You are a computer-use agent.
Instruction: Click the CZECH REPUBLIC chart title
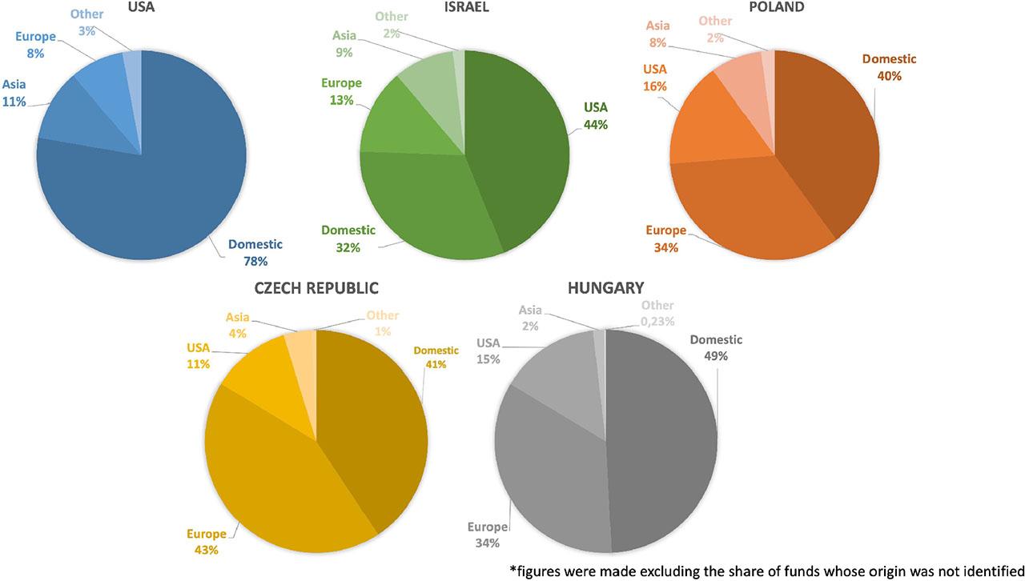point(316,288)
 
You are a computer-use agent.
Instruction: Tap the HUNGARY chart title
point(605,288)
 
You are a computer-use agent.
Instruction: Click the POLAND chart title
point(775,7)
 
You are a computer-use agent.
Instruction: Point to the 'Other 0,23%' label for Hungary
point(657,313)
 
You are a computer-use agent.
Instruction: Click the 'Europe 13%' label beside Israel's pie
point(341,90)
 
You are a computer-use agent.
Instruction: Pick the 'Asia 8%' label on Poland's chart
point(657,34)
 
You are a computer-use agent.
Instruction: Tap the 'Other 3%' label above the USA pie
point(86,21)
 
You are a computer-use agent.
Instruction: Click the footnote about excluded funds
point(767,571)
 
